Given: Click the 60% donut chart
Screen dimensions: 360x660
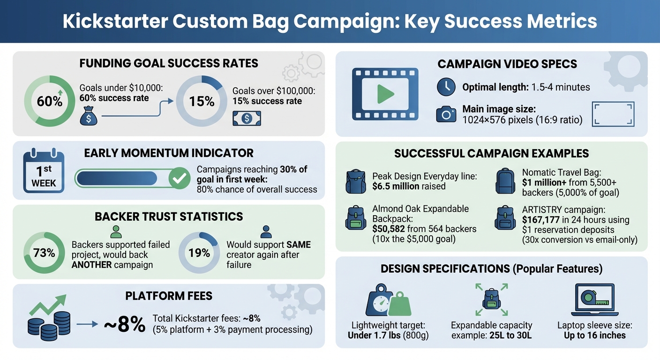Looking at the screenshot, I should (x=50, y=101).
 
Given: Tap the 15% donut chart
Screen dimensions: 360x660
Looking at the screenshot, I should (x=202, y=101).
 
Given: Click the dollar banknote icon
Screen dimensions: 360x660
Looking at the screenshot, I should (x=247, y=119).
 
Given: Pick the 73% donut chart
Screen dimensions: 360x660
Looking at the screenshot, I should (x=44, y=253).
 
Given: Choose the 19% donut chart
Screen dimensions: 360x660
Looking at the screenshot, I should (x=199, y=253).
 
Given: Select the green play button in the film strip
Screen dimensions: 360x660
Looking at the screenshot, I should (x=385, y=94).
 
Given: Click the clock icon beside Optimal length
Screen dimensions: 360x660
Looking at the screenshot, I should (x=446, y=87).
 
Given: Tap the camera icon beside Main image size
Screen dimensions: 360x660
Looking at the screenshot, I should (x=446, y=114).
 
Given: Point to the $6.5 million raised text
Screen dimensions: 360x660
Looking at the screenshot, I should (x=409, y=186).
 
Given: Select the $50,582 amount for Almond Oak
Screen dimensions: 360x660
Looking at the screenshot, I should (x=392, y=229).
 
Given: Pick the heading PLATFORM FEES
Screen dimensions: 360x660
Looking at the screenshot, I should (x=169, y=296).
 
